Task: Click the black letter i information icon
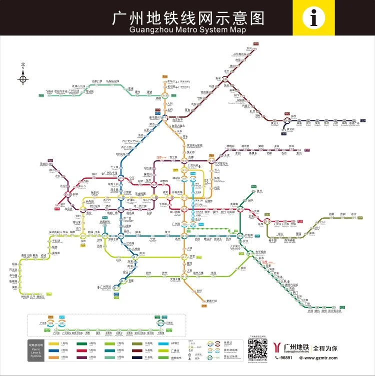(314, 18)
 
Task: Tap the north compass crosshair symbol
(23, 78)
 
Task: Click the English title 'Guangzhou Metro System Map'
(187, 29)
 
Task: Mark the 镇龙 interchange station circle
(287, 120)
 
